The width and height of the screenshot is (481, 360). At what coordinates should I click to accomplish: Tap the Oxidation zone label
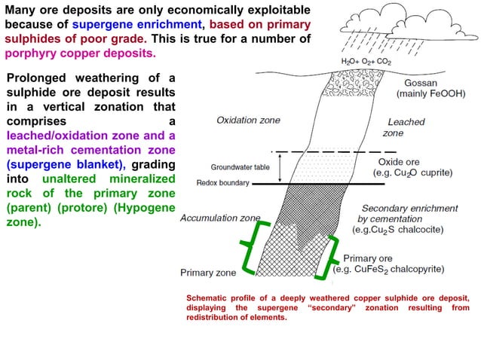[x=247, y=120]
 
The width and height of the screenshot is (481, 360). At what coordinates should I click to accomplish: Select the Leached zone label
[x=405, y=127]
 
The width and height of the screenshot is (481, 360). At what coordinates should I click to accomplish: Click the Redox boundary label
[x=223, y=183]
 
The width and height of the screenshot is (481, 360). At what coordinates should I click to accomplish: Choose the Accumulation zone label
[x=219, y=218]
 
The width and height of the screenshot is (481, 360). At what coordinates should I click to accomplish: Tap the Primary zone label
[x=207, y=273]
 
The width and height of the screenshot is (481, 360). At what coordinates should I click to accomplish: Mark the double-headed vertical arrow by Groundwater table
[x=280, y=167]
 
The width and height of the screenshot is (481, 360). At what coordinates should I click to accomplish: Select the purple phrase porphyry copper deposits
[x=80, y=54]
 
